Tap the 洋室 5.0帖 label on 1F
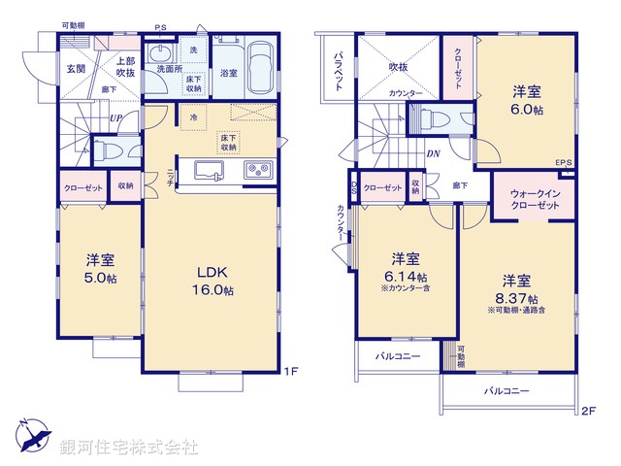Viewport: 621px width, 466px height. [x=99, y=269]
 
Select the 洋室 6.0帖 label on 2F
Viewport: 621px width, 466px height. [x=527, y=102]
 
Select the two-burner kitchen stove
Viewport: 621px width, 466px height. [x=259, y=171]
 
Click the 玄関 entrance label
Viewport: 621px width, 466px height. [x=77, y=69]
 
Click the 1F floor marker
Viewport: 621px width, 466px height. [x=290, y=370]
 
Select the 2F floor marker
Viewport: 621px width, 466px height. [x=589, y=411]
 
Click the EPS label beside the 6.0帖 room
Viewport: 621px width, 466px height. [x=564, y=162]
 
